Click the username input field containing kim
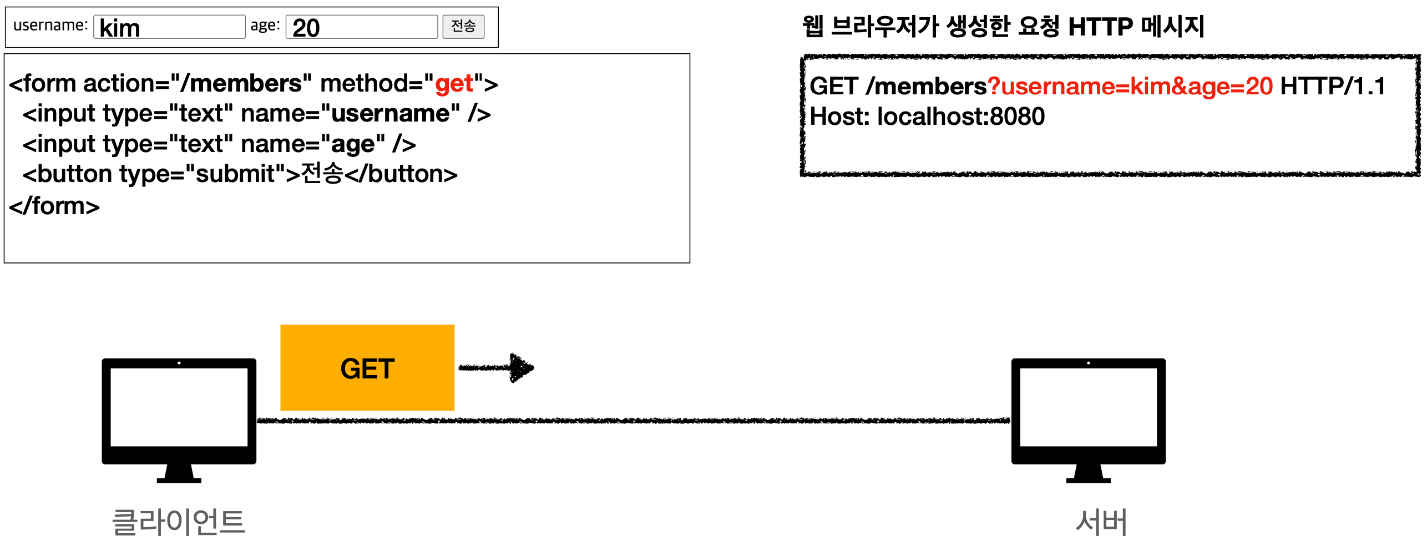[169, 27]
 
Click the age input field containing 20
[361, 27]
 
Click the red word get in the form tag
[454, 84]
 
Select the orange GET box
[367, 368]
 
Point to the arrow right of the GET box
[496, 367]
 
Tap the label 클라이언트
[179, 522]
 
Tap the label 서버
[1101, 522]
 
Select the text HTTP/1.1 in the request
[1333, 87]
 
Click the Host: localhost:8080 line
[927, 117]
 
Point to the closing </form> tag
[54, 206]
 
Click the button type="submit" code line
[240, 174]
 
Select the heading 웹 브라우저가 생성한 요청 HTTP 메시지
[1003, 26]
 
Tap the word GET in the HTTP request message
[833, 87]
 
